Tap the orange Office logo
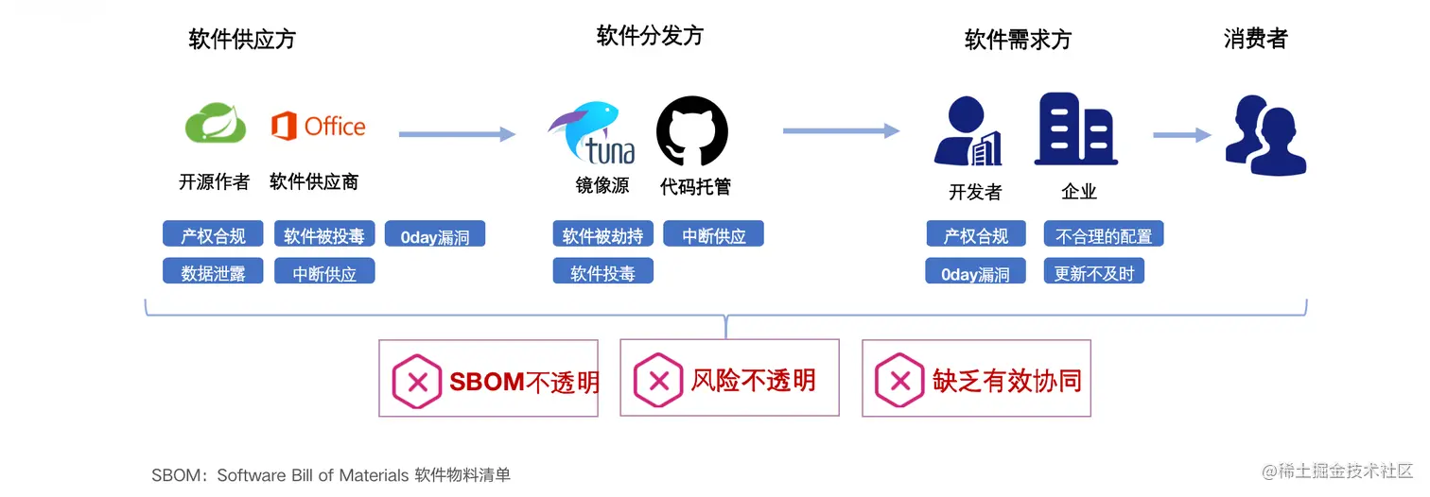tap(318, 126)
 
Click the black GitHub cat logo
tap(692, 131)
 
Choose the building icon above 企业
tap(1076, 129)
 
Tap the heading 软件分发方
tap(650, 36)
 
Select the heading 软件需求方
tap(1018, 40)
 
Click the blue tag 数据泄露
tap(213, 272)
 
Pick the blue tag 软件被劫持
tap(602, 234)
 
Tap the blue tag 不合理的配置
tap(1103, 234)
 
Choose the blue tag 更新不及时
tap(1094, 272)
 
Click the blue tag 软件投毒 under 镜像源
tap(602, 272)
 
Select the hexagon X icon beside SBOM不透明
tap(416, 382)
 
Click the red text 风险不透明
tap(753, 380)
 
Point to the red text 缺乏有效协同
tap(1006, 380)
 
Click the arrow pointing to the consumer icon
tap(1181, 135)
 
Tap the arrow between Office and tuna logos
tap(457, 134)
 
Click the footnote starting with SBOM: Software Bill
tap(331, 474)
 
